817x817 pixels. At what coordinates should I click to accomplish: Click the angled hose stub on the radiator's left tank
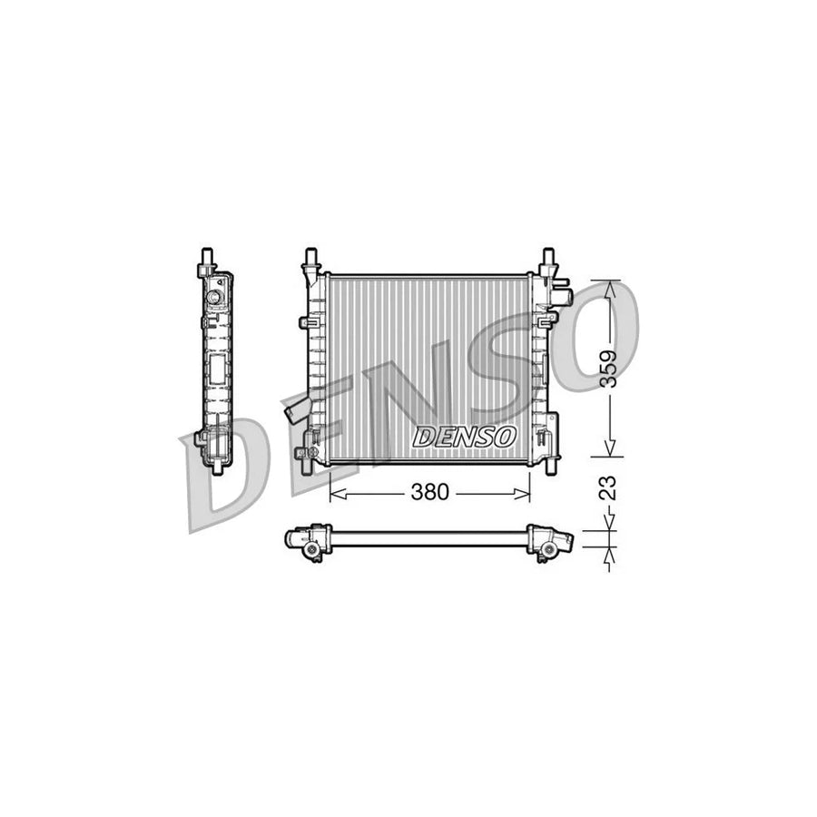(x=295, y=413)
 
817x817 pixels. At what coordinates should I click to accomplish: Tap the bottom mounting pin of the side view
(x=219, y=467)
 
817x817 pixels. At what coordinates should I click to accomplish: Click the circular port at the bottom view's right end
(x=549, y=548)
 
